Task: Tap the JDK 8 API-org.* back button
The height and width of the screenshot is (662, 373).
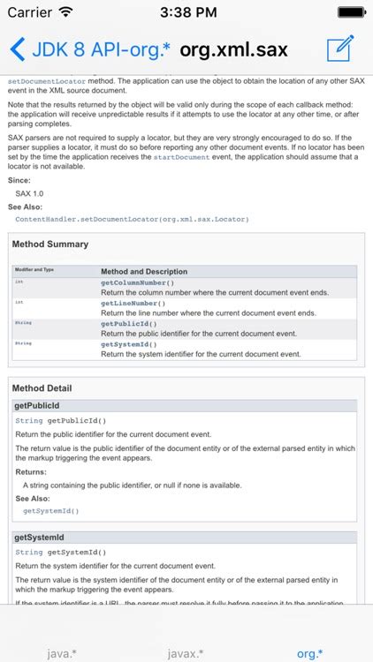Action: point(88,49)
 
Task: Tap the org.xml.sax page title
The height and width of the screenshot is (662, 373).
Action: point(233,49)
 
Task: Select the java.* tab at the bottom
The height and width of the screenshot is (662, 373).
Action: point(62,653)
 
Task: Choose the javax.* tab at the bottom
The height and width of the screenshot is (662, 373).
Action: point(186,653)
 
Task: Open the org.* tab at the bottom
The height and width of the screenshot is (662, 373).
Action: point(309,653)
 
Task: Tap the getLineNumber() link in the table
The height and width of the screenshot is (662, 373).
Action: point(133,303)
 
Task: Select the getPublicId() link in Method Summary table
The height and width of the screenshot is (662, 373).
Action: point(129,324)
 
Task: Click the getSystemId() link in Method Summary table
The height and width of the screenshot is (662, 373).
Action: point(129,344)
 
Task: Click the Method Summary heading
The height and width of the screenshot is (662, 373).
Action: point(49,244)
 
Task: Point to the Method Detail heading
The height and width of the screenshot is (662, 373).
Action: point(42,388)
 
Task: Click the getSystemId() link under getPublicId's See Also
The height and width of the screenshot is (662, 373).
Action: point(50,510)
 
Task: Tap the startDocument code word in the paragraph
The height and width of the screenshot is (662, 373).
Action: point(182,157)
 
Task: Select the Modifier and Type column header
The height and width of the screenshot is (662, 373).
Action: point(34,270)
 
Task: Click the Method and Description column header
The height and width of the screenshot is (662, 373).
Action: point(144,272)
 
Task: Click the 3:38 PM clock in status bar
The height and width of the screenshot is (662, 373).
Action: point(186,13)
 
